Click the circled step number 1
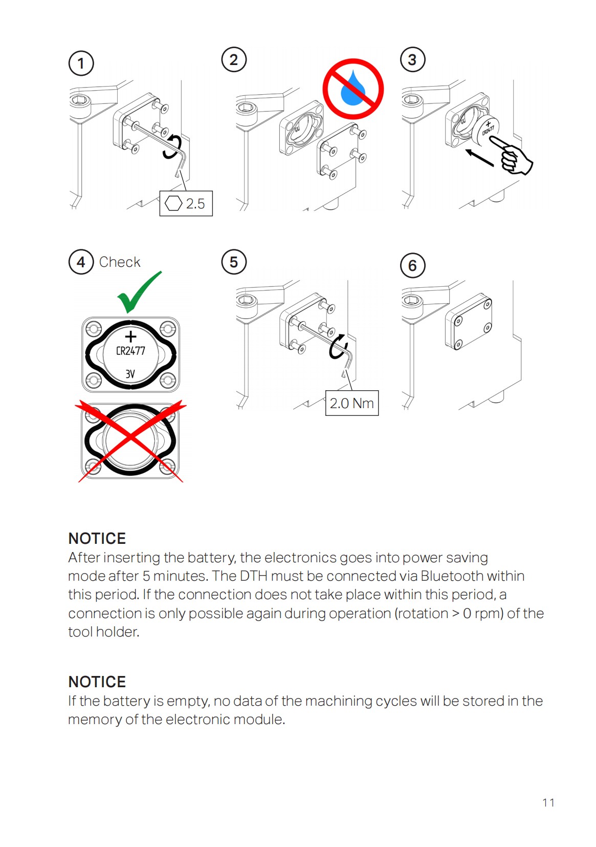[81, 63]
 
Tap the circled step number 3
[412, 60]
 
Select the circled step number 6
[412, 266]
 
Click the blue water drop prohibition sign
[353, 89]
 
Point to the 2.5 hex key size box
[186, 204]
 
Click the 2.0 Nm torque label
[352, 404]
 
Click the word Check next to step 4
[120, 262]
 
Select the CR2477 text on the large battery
[130, 351]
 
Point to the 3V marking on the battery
[130, 374]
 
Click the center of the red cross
[131, 440]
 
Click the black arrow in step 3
[479, 158]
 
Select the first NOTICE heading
[97, 539]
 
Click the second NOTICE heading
[97, 682]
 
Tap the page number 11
[548, 803]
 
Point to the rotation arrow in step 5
[337, 347]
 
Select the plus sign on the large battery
[131, 336]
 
